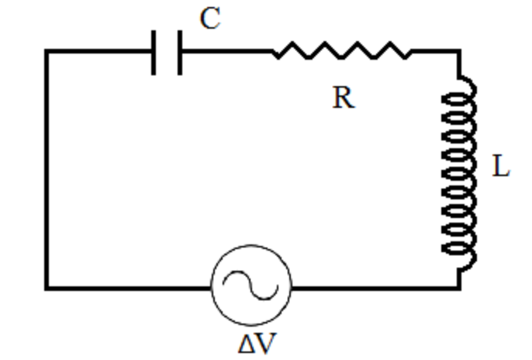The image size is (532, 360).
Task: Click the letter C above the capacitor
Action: click(x=210, y=19)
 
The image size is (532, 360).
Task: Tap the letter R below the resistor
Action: click(x=344, y=98)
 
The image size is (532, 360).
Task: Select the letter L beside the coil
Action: click(x=501, y=167)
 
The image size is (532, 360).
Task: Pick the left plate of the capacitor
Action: click(x=155, y=52)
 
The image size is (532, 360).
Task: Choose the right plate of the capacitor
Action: click(x=180, y=52)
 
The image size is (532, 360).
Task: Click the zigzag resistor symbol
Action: click(x=342, y=52)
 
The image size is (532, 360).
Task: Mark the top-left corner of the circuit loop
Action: click(x=47, y=52)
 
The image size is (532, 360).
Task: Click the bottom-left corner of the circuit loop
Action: click(x=47, y=288)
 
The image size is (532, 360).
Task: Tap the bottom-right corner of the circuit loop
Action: click(x=459, y=288)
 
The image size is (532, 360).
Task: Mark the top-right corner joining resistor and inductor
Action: click(x=459, y=52)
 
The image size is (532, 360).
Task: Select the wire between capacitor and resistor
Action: click(x=226, y=52)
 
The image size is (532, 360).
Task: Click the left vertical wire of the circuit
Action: click(x=47, y=171)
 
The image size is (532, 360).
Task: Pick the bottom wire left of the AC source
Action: click(x=128, y=288)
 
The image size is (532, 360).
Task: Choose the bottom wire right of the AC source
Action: click(x=372, y=288)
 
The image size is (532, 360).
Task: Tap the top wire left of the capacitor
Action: click(x=99, y=52)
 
